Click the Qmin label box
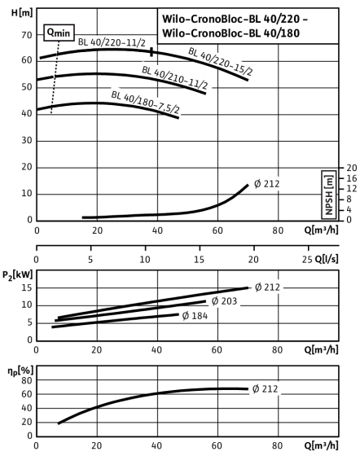pyautogui.click(x=59, y=33)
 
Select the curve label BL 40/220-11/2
pyautogui.click(x=112, y=42)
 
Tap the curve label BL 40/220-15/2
pyautogui.click(x=221, y=61)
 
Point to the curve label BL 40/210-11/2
pyautogui.click(x=175, y=77)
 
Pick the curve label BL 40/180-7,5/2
pyautogui.click(x=145, y=103)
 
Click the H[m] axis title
pyautogui.click(x=22, y=13)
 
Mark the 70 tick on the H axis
pyautogui.click(x=27, y=35)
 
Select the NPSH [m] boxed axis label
pyautogui.click(x=329, y=195)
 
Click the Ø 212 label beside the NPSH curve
pyautogui.click(x=266, y=184)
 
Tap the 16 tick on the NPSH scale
pyautogui.click(x=351, y=178)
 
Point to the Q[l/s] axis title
pyautogui.click(x=327, y=259)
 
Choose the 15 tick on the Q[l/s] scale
pyautogui.click(x=200, y=259)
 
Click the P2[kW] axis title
pyautogui.click(x=18, y=275)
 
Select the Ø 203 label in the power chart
pyautogui.click(x=224, y=301)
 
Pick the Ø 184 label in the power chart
pyautogui.click(x=195, y=316)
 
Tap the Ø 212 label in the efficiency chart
pyautogui.click(x=266, y=389)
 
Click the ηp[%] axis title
pyautogui.click(x=20, y=370)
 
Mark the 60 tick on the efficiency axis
pyautogui.click(x=27, y=394)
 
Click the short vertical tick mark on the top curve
pyautogui.click(x=151, y=52)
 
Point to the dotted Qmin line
pyautogui.click(x=55, y=77)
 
